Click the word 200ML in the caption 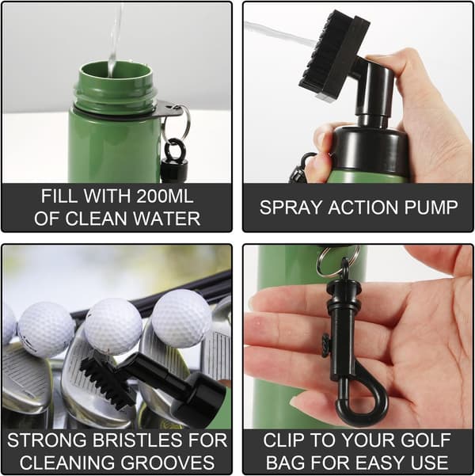(165, 196)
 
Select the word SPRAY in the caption (291, 208)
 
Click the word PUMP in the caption (431, 208)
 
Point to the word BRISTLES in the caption (138, 440)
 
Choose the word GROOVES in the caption (168, 463)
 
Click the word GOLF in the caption (425, 440)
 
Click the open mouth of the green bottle (115, 73)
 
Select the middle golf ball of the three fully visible (113, 326)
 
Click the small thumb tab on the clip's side (325, 345)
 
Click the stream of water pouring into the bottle (116, 40)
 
